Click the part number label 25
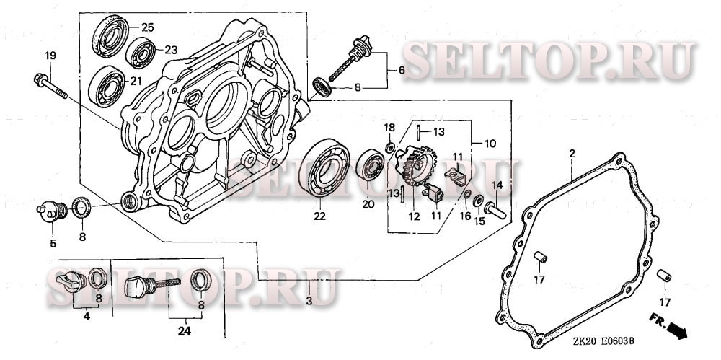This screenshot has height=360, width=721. tap(147, 27)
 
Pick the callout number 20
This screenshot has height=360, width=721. tap(368, 204)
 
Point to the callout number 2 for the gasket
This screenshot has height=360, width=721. tap(571, 153)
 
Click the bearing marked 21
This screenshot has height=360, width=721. tap(105, 84)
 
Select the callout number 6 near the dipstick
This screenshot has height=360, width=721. tap(402, 70)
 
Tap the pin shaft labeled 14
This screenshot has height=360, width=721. tap(496, 208)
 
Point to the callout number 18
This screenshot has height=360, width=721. tap(389, 128)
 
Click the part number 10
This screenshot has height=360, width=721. tap(490, 144)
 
